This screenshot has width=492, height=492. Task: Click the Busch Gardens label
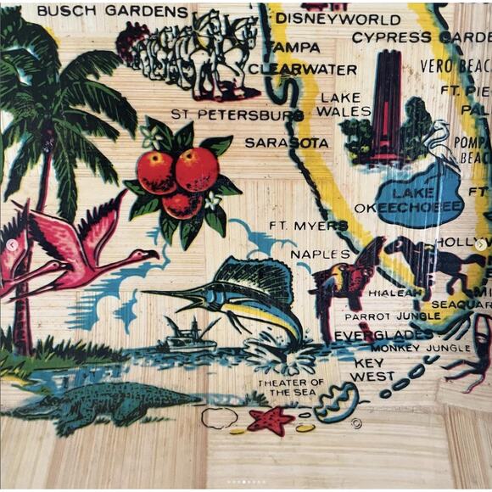[x=112, y=12]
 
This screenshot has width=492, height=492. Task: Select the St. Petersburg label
[x=237, y=114]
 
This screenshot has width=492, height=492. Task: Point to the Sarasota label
[x=287, y=143]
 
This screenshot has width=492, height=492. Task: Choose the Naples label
[x=320, y=254]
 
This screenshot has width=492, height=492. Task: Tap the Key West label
[x=372, y=370]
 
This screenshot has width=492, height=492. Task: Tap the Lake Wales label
[x=344, y=104]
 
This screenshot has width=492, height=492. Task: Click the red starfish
[x=271, y=420]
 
